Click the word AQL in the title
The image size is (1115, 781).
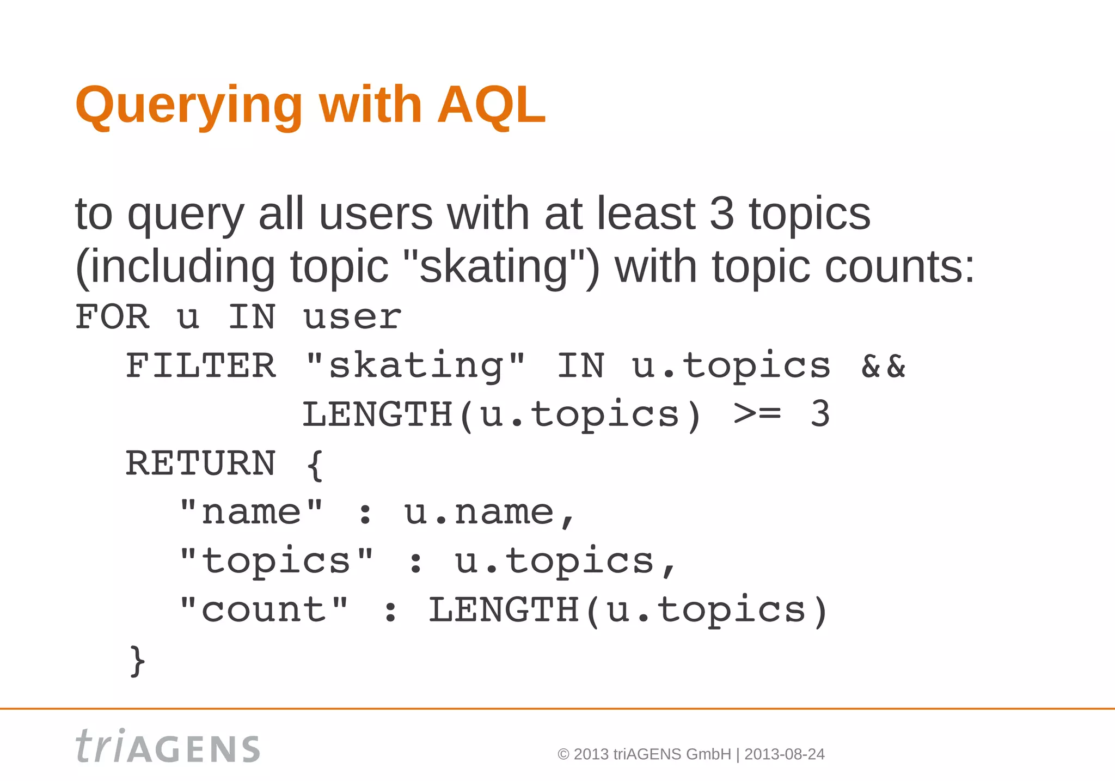click(491, 105)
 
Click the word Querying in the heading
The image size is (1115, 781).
click(188, 107)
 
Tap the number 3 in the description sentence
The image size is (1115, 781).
click(722, 213)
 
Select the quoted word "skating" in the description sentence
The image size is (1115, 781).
click(494, 267)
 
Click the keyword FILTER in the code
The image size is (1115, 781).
click(201, 365)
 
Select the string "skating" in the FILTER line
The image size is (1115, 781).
click(416, 365)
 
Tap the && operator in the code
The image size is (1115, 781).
click(883, 365)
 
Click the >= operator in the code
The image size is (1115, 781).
click(757, 414)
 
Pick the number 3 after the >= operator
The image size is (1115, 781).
click(820, 414)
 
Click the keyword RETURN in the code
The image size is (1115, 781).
click(201, 463)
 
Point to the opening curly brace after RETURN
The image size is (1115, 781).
click(315, 465)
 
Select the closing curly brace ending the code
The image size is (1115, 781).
click(138, 661)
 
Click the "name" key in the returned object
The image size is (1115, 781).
click(251, 512)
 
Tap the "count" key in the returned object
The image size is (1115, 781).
click(264, 610)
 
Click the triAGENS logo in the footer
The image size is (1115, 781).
click(168, 746)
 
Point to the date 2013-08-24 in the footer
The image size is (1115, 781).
click(784, 754)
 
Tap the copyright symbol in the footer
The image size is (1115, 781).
click(563, 754)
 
